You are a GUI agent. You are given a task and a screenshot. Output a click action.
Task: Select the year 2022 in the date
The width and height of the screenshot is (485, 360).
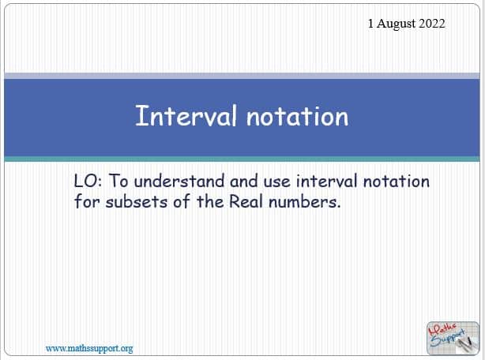point(432,24)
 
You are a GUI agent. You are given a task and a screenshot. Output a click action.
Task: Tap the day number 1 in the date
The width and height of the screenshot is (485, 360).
point(370,24)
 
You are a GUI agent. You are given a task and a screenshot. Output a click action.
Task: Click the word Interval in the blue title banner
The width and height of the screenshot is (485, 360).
point(186,115)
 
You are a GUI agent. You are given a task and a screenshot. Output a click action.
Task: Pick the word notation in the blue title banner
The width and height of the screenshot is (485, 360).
point(298,117)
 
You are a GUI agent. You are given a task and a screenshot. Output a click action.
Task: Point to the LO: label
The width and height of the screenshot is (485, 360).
point(88,181)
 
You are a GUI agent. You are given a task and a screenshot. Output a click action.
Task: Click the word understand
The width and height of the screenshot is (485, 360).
point(179,181)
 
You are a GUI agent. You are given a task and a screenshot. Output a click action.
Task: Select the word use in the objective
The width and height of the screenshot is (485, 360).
point(276,182)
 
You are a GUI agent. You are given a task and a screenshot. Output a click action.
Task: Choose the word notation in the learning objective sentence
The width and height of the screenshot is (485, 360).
point(397,181)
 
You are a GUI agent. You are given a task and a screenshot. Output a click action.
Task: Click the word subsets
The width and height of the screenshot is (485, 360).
point(137,202)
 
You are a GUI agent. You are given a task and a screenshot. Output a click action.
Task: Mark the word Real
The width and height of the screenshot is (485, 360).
point(246,202)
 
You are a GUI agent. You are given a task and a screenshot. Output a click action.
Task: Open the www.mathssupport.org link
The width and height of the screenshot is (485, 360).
point(89,349)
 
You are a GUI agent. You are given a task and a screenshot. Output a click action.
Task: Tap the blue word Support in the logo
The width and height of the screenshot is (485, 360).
point(448,338)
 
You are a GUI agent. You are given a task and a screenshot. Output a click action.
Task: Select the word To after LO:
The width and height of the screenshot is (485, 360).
point(118,181)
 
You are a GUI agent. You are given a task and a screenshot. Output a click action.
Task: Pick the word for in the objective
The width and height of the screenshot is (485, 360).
point(87,202)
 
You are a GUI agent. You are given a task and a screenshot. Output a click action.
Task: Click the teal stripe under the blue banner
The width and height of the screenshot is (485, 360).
point(242,159)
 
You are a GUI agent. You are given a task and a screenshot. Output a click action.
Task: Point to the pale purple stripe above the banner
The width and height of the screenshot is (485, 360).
point(242,76)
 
